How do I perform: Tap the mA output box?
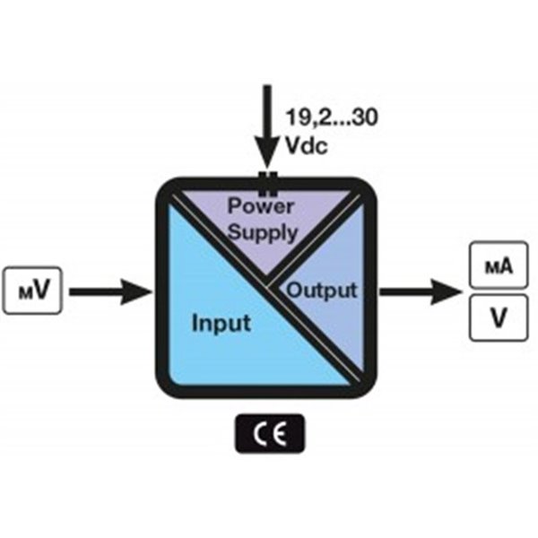(x=496, y=266)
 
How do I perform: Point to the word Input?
(x=221, y=322)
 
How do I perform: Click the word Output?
(x=321, y=291)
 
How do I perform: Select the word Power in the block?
(x=261, y=204)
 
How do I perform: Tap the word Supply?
(x=261, y=232)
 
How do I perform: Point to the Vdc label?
(x=306, y=143)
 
